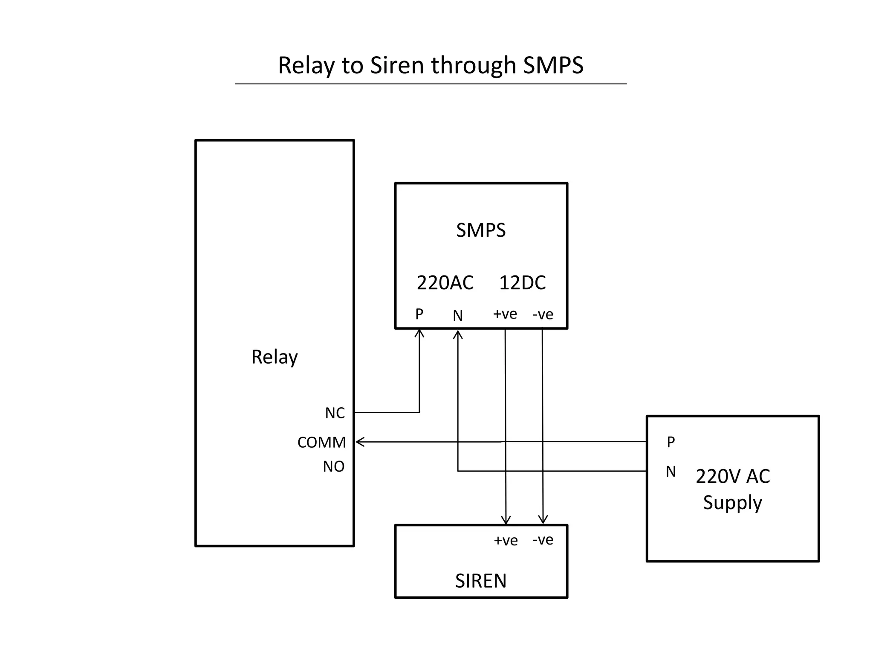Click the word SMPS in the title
(x=553, y=65)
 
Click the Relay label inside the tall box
(x=274, y=357)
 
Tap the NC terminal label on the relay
(x=335, y=413)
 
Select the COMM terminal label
(x=321, y=442)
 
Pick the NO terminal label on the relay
(x=333, y=467)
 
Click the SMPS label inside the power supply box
(x=481, y=230)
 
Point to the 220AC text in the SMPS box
(x=445, y=283)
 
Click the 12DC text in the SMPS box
(x=522, y=283)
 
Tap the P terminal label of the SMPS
(x=419, y=314)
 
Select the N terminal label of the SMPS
(x=457, y=316)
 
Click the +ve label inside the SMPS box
(x=505, y=314)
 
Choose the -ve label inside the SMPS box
(x=543, y=315)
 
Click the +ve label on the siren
(x=506, y=541)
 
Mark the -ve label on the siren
(x=543, y=540)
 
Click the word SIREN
(x=481, y=581)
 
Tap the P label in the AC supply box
(x=671, y=442)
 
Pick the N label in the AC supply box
(x=671, y=472)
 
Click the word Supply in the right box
(x=732, y=502)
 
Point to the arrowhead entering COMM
(x=359, y=442)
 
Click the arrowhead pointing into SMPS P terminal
(x=419, y=333)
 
